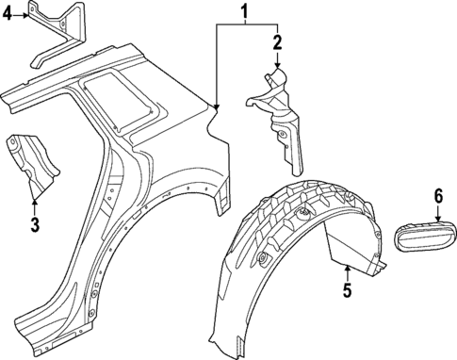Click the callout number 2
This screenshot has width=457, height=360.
coord(277,41)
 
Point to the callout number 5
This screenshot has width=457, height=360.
coord(347,291)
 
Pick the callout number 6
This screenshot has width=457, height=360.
coord(437,196)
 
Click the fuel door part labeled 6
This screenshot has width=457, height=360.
coord(421,235)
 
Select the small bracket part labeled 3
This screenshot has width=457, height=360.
coord(33,161)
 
